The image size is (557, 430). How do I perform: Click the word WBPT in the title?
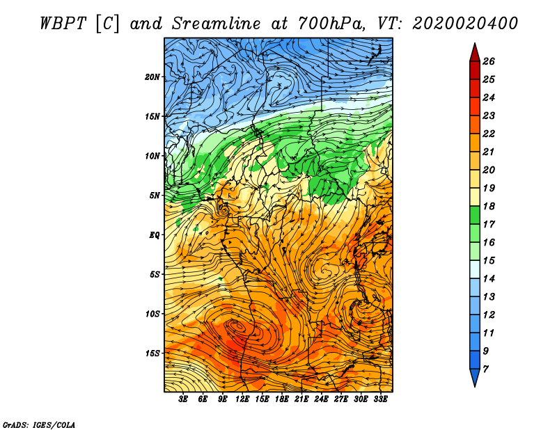point(63,24)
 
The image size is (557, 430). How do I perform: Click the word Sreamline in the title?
point(217,24)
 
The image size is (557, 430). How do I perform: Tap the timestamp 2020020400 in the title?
point(465,24)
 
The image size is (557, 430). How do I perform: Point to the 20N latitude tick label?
point(152,77)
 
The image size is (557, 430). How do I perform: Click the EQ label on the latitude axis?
point(154,235)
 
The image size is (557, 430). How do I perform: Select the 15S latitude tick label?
point(152,353)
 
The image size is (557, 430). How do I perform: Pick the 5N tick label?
point(154,196)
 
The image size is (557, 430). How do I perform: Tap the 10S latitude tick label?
point(152,314)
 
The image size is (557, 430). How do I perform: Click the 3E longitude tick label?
point(183,399)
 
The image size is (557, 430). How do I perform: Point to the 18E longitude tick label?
point(282,399)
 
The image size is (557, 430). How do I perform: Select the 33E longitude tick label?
point(380,399)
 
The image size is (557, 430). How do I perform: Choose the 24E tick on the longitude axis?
point(321,399)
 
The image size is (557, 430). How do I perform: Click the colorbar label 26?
point(489,61)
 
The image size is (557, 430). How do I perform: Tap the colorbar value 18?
point(489,206)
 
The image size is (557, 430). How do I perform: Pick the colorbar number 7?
point(485,369)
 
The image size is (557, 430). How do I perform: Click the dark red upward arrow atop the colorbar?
point(475,53)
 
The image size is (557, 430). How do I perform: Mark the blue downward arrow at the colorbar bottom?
point(475,377)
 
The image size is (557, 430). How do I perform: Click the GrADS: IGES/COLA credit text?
point(39,424)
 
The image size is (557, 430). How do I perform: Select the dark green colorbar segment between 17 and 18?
point(475,215)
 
